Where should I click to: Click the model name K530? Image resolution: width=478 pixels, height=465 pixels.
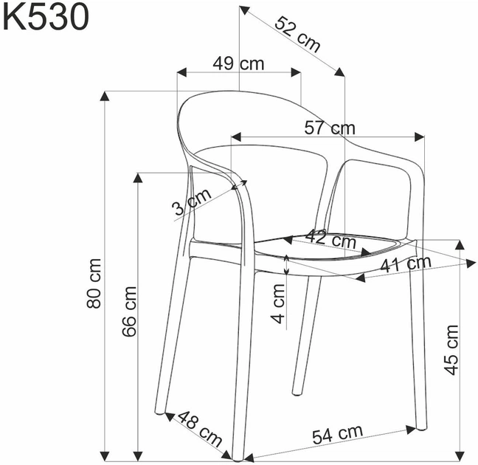[x=46, y=18]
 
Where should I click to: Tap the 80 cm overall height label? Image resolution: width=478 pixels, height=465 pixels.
[x=94, y=283]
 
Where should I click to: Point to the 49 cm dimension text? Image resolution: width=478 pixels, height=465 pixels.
[x=238, y=63]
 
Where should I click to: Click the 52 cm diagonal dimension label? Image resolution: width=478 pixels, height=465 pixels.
[x=298, y=34]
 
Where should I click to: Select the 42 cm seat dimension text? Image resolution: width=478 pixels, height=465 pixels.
[x=330, y=238]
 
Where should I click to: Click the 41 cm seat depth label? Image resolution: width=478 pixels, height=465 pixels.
[x=404, y=264]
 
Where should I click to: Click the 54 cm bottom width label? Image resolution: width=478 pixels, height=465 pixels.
[x=336, y=434]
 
